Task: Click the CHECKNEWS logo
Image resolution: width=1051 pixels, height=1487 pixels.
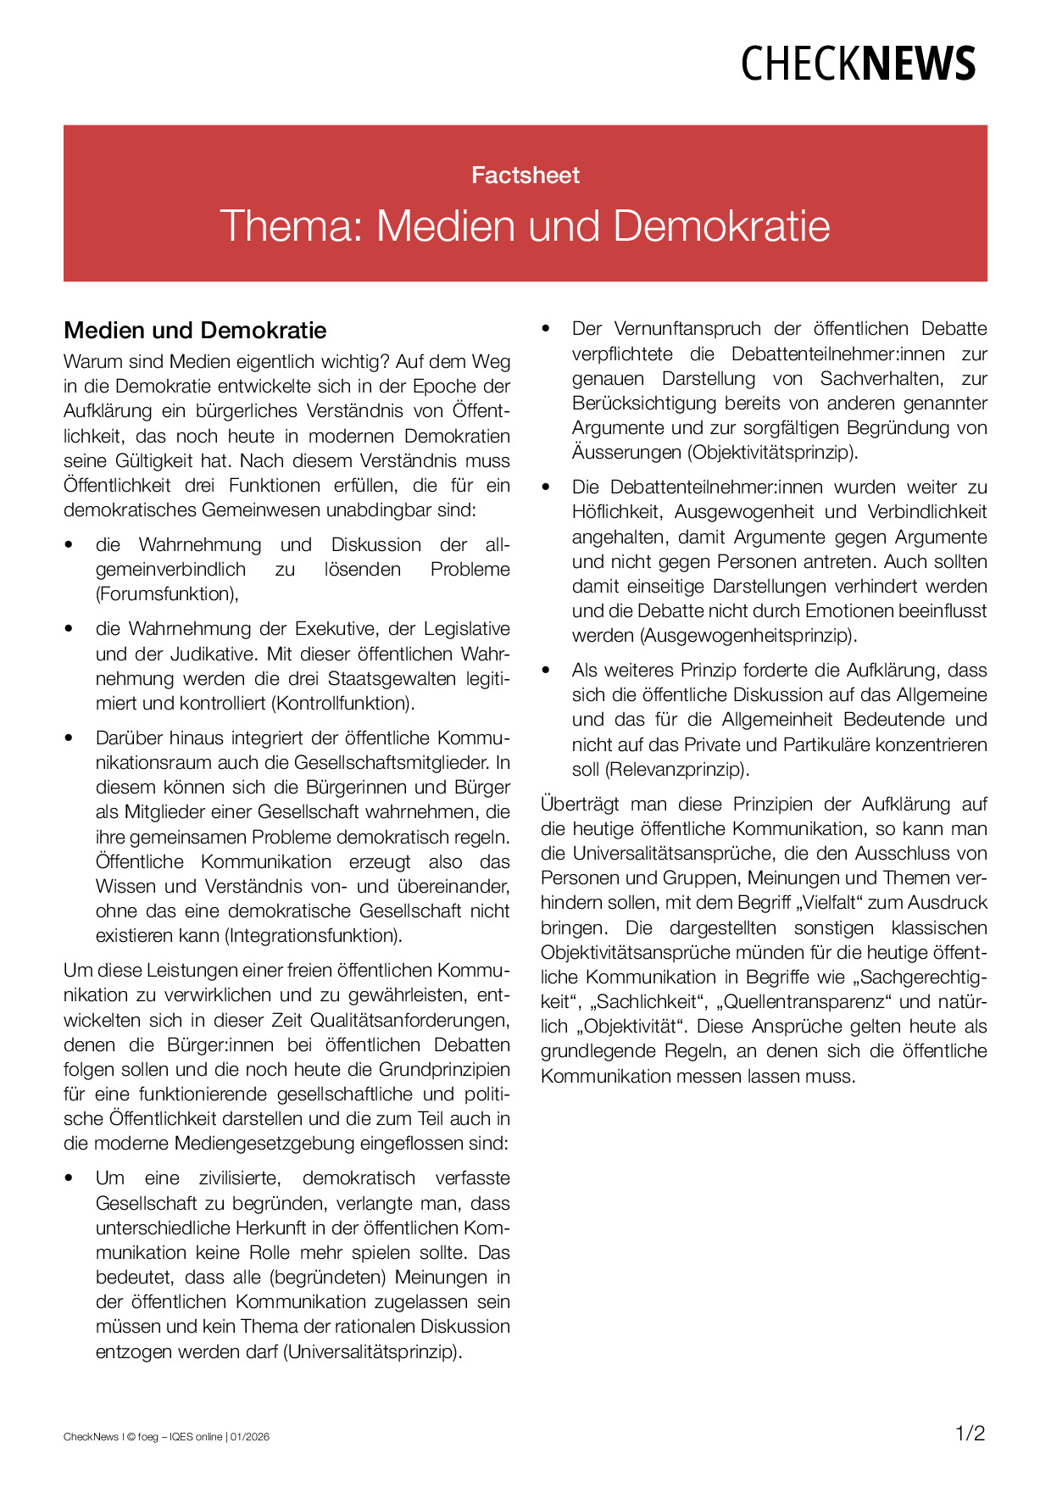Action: pos(858,64)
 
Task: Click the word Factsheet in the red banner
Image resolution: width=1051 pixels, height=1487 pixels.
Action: pos(525,175)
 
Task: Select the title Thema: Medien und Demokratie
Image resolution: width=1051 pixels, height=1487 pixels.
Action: pos(525,226)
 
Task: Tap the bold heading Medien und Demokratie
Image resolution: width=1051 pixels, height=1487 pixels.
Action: pos(195,330)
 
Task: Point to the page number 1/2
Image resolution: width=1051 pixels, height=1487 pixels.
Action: pos(970,1434)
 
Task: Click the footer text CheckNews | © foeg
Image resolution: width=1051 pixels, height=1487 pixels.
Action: pos(111,1437)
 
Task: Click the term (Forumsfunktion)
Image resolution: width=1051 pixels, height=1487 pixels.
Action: pos(166,594)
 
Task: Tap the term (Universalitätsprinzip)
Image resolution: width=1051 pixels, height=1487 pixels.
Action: pos(373,1351)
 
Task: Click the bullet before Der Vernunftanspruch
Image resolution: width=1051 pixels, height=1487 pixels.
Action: pos(546,329)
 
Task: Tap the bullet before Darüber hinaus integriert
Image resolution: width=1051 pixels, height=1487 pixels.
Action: pos(70,738)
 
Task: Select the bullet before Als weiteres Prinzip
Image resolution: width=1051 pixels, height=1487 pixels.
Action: pos(546,671)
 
